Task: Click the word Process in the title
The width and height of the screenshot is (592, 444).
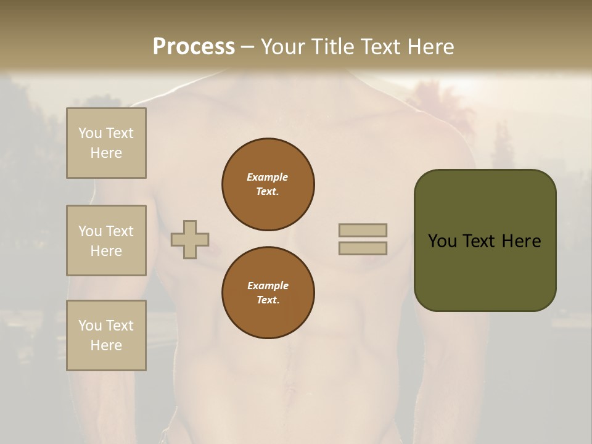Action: pos(194,46)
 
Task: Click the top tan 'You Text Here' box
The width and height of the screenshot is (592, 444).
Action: pos(106,143)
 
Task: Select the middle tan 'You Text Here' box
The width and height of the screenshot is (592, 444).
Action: pos(106,240)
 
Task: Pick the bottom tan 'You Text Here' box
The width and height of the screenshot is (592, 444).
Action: pos(106,335)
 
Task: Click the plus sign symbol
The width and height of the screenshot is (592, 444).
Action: pos(190,239)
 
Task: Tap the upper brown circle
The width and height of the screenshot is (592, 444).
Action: pos(268,184)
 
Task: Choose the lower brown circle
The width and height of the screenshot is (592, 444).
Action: pos(268,293)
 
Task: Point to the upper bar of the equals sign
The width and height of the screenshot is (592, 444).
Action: pos(363,230)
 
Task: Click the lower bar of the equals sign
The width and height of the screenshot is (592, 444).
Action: pos(363,248)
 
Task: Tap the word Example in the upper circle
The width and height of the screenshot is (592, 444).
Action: pos(268,177)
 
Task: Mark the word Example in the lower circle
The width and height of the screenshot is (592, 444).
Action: pos(268,286)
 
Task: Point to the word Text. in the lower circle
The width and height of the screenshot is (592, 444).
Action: pos(268,300)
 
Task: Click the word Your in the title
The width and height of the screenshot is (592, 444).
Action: pos(282,46)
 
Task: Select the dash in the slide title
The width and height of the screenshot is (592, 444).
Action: pos(247,47)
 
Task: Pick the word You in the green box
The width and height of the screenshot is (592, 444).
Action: pos(442,241)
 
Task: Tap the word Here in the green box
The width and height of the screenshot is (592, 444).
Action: pos(522,241)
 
